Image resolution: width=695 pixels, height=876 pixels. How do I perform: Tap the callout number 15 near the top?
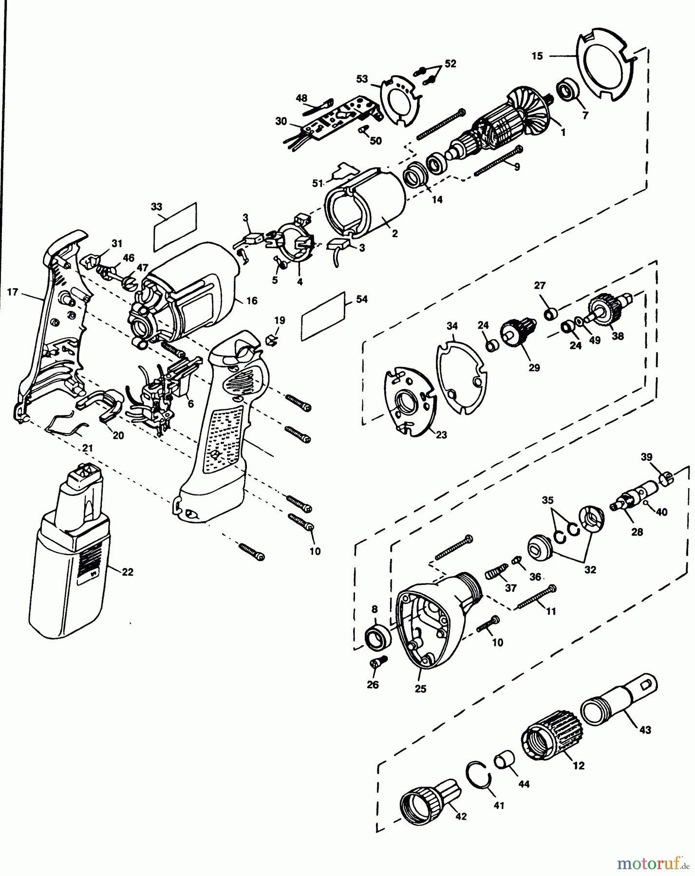click(537, 56)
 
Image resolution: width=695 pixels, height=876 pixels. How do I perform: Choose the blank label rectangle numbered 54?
click(324, 316)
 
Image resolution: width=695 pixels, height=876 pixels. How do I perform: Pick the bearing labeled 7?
click(568, 92)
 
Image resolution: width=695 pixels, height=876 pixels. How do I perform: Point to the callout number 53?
click(361, 78)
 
